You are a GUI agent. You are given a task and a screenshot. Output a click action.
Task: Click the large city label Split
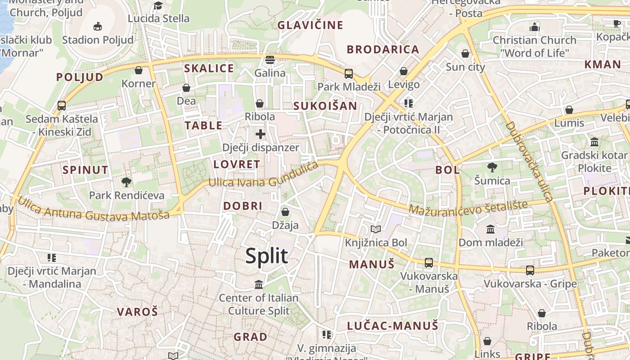pos(266,256)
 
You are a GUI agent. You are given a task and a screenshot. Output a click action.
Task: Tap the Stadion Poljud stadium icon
pos(98,27)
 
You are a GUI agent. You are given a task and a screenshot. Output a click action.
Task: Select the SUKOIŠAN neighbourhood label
pos(325,106)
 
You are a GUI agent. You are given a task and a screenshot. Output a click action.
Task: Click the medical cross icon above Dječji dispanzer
pos(260,134)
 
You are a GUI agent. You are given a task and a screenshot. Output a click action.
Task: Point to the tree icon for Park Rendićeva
pos(126,182)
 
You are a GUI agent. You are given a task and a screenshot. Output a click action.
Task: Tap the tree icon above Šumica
pos(492,167)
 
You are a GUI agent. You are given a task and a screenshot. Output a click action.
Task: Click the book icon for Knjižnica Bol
pos(376,229)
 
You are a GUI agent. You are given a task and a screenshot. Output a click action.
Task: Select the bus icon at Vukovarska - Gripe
pos(530,270)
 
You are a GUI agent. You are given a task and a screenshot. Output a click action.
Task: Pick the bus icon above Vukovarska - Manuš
pos(428,263)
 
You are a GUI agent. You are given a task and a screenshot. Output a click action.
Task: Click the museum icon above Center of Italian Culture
pos(259,284)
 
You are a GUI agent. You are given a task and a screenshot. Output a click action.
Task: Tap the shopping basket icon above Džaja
pos(285,212)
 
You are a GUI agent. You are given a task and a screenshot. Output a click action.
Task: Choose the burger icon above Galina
pos(270,60)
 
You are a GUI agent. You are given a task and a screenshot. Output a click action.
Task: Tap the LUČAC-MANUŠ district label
pos(392,326)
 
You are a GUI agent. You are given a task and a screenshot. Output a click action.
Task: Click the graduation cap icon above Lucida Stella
pos(158,5)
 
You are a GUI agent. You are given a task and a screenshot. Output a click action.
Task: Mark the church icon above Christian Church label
pos(534,27)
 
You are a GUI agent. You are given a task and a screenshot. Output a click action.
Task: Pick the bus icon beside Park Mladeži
pos(349,74)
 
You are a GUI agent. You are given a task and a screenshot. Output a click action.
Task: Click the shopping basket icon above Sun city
pos(465,54)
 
